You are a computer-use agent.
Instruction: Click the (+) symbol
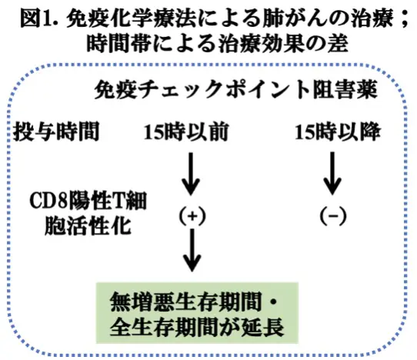[x=190, y=216]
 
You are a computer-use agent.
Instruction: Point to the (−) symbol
[x=332, y=216]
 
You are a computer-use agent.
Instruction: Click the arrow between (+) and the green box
[x=190, y=254]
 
